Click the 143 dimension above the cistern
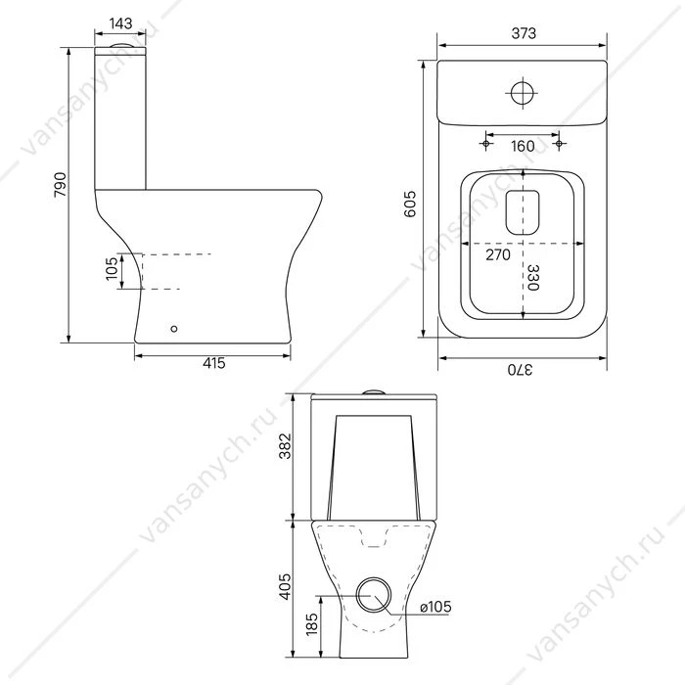tap(120, 23)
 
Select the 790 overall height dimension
tap(61, 185)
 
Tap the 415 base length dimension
tap(214, 363)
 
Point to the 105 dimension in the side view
tap(112, 269)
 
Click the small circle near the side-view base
tap(174, 329)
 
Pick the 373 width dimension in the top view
tap(524, 33)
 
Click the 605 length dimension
tap(410, 204)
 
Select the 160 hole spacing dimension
tap(523, 146)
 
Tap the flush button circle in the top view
tap(522, 93)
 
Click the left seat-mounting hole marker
tap(485, 143)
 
